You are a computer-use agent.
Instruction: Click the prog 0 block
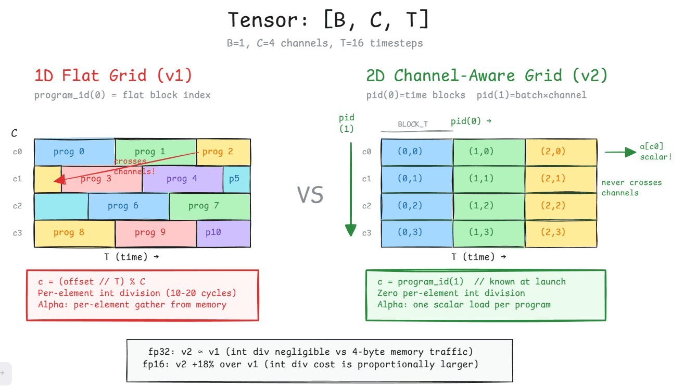click(x=74, y=152)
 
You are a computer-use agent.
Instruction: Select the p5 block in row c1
click(x=237, y=179)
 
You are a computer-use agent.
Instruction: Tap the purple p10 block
click(x=223, y=233)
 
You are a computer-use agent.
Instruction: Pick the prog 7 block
click(x=210, y=206)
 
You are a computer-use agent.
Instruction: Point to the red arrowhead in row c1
click(x=60, y=180)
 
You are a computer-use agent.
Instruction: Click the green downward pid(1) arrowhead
click(x=350, y=230)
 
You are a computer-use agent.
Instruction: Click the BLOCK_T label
click(x=413, y=124)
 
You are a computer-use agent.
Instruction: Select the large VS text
click(x=310, y=195)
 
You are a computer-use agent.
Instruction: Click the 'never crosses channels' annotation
click(x=631, y=188)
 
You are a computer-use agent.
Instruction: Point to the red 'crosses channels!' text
click(x=134, y=166)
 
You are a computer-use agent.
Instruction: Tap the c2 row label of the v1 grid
click(x=17, y=206)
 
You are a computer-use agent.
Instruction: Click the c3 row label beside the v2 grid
click(x=367, y=233)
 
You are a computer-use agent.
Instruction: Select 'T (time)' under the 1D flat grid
click(x=132, y=257)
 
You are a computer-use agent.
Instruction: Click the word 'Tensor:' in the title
click(x=268, y=20)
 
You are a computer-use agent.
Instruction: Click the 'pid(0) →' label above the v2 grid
click(x=471, y=121)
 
